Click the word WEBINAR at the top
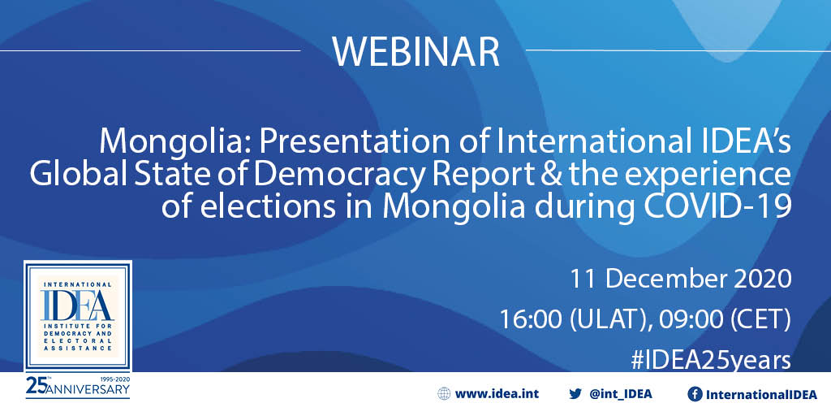416,51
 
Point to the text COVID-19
721,208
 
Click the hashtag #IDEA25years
711,360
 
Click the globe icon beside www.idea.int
444,394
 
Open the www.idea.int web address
497,394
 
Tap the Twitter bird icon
575,394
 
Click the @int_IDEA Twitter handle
621,394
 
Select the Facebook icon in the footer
695,394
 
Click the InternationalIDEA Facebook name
760,394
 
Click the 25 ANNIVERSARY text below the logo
77,388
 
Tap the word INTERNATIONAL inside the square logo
77,284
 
